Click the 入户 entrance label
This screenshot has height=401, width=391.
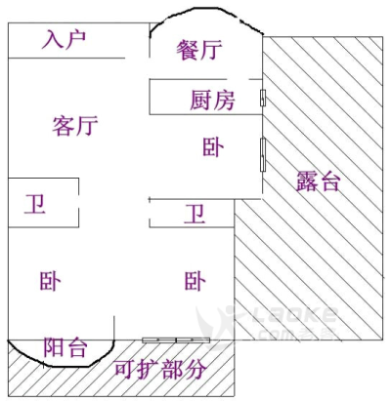65,40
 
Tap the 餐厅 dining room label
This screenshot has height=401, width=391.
199,50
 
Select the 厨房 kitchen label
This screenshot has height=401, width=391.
212,100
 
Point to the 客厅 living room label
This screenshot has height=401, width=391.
75,125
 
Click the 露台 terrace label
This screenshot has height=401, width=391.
319,181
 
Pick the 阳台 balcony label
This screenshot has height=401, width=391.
65,347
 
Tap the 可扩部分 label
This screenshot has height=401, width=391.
160,370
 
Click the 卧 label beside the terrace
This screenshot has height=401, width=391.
213,147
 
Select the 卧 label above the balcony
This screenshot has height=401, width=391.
50,281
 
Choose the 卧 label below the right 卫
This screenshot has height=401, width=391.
195,281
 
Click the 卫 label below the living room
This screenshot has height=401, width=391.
35,204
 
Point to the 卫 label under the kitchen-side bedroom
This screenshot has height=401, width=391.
195,214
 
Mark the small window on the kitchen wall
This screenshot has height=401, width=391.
263,98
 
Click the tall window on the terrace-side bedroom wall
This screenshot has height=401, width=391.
263,154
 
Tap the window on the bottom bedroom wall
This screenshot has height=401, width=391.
176,341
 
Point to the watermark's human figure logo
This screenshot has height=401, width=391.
218,325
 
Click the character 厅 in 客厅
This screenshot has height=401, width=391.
87,125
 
